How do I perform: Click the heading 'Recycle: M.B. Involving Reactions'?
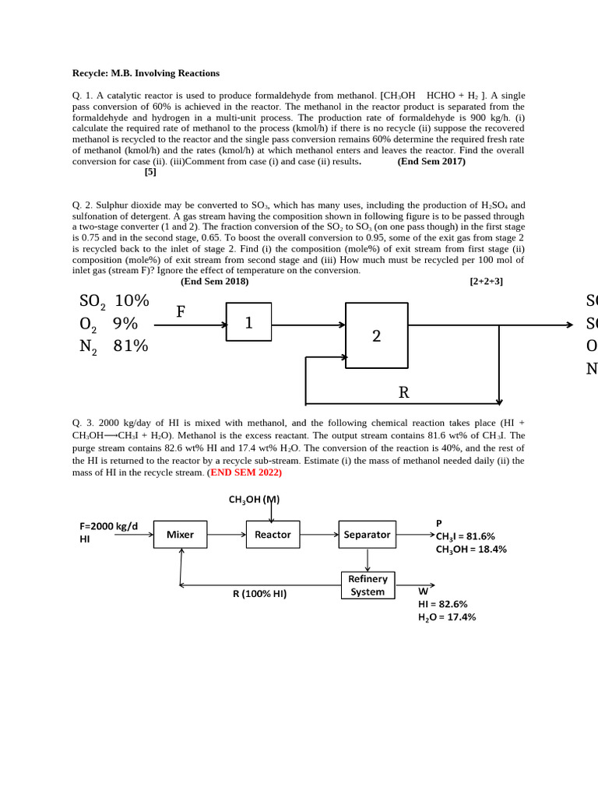tap(146, 73)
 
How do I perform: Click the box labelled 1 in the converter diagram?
tap(248, 322)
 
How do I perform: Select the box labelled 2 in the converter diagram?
tap(376, 335)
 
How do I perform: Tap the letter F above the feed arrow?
tap(181, 312)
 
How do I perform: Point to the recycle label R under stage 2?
tap(403, 392)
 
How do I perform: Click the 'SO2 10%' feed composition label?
tap(114, 302)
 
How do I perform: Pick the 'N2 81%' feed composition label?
tap(114, 346)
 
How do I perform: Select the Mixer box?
tap(181, 535)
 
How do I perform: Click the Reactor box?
tap(273, 535)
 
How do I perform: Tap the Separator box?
tap(367, 535)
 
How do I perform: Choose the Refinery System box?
tap(368, 585)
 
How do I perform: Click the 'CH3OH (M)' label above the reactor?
tap(254, 500)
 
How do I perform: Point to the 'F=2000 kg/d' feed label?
tap(108, 526)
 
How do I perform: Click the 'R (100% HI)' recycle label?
tap(259, 594)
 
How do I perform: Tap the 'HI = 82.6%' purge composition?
tap(442, 604)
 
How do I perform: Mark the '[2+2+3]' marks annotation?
tap(486, 282)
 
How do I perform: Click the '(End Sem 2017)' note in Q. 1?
tap(431, 162)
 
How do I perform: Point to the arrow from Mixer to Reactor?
tap(227, 535)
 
